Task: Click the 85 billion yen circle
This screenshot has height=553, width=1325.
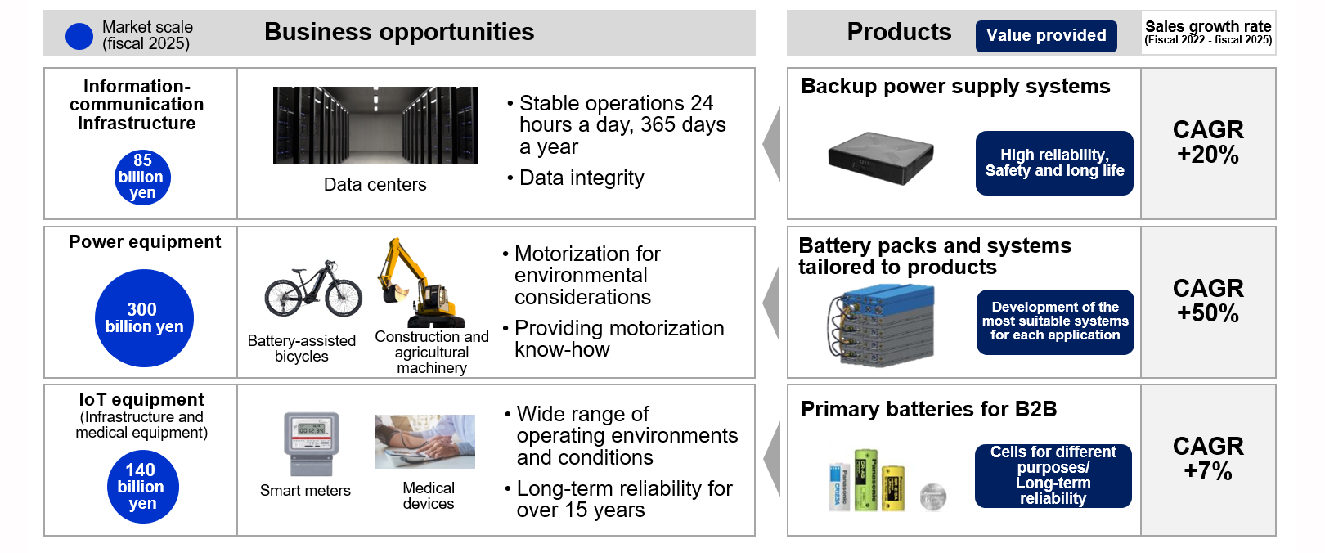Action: pyautogui.click(x=142, y=177)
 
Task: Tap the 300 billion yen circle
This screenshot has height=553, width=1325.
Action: pyautogui.click(x=144, y=318)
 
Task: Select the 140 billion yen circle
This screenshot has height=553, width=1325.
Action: pyautogui.click(x=142, y=487)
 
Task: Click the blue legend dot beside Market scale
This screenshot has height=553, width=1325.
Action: pyautogui.click(x=79, y=36)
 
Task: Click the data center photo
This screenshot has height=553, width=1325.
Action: pyautogui.click(x=375, y=125)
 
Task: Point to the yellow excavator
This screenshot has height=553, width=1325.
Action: pyautogui.click(x=420, y=284)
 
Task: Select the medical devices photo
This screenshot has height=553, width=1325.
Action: pyautogui.click(x=425, y=442)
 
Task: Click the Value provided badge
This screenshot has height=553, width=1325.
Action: pyautogui.click(x=1046, y=36)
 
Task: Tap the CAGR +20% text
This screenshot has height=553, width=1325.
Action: pyautogui.click(x=1208, y=142)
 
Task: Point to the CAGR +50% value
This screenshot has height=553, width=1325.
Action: pyautogui.click(x=1208, y=301)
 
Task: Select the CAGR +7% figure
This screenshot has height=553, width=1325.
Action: pyautogui.click(x=1208, y=459)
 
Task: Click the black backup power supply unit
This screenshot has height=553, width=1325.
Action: pyautogui.click(x=881, y=158)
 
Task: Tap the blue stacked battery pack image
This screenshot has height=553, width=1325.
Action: pyautogui.click(x=881, y=325)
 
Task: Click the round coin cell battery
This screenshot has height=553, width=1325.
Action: pyautogui.click(x=932, y=496)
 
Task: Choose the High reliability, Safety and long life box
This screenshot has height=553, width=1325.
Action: pyautogui.click(x=1054, y=163)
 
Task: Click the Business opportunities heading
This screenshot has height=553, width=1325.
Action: pyautogui.click(x=399, y=33)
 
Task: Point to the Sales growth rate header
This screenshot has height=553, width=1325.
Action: pyautogui.click(x=1208, y=32)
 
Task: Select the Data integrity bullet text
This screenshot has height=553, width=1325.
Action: pyautogui.click(x=582, y=178)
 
